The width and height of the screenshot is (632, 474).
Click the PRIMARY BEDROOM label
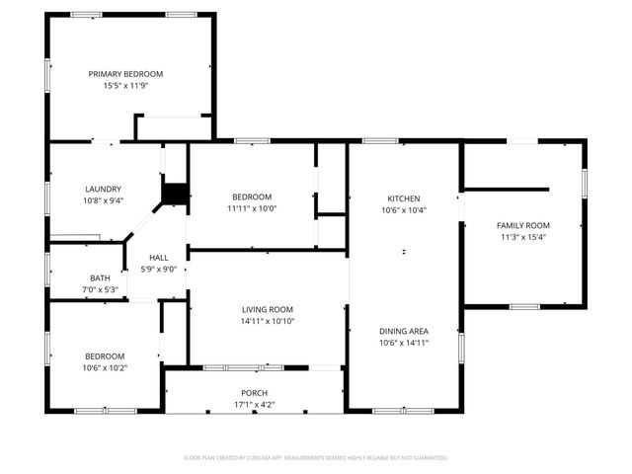[x=125, y=74]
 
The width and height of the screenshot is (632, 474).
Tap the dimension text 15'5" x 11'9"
[x=125, y=86]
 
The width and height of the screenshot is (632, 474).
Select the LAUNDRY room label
[x=103, y=189]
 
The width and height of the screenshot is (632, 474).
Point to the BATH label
[x=99, y=278]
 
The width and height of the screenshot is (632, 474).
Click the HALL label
[x=158, y=257]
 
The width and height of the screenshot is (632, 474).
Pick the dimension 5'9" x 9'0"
[x=158, y=269]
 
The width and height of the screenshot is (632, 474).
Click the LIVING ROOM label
[x=268, y=309]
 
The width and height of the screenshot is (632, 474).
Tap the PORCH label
[x=253, y=393]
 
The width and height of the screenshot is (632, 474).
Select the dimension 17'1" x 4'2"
[x=253, y=405]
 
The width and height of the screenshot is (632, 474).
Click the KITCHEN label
[x=403, y=197]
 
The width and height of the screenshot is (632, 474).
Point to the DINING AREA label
[x=403, y=332]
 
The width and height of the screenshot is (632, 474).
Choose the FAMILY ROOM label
[x=522, y=225]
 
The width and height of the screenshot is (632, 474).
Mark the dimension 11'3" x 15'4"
[x=522, y=237]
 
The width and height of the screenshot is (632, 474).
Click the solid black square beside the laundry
[x=175, y=194]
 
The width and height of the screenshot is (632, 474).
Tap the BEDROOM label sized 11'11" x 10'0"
[x=252, y=197]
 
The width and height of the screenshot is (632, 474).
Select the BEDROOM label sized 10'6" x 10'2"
[x=104, y=355]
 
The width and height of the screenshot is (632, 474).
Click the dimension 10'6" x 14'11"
[x=403, y=344]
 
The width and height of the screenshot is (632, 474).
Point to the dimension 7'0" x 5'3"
[x=99, y=290]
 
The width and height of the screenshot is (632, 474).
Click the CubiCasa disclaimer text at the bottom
[x=316, y=458]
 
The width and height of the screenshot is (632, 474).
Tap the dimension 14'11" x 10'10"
[x=268, y=321]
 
